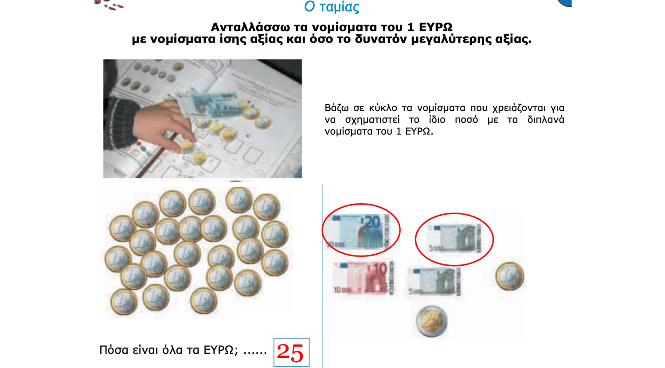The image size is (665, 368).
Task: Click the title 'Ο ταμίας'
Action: click(332, 7)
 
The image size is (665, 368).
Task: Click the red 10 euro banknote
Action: click(363, 278)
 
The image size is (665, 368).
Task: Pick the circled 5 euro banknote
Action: click(454, 238)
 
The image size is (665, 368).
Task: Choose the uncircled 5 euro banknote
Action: click(434, 281)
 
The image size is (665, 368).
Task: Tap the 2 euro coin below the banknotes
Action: click(431, 322)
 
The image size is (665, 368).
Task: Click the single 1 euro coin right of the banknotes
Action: click(510, 276)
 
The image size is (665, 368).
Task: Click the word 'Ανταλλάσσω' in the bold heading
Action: click(250, 27)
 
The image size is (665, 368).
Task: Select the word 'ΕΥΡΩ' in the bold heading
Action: click(435, 27)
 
